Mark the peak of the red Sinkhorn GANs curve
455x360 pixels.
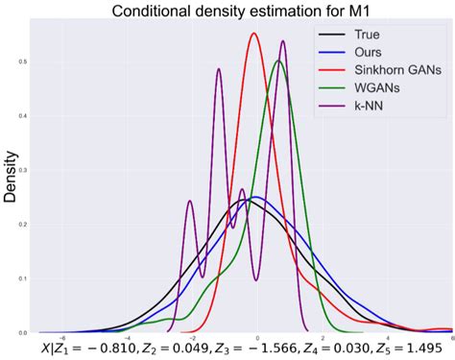coord(254,34)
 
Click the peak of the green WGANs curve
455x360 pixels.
coord(278,60)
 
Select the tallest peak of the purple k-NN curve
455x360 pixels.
coord(283,41)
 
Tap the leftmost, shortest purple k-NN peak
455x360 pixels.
coord(189,201)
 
